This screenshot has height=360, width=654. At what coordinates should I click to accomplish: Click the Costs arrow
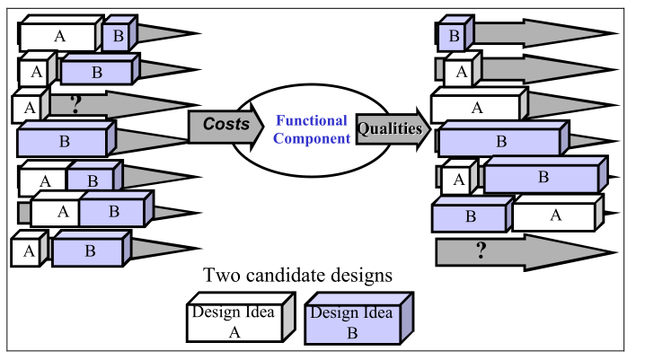point(225,126)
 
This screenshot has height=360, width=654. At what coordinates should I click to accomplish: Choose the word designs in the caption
point(363,276)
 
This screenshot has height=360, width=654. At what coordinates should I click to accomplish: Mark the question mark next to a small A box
point(75,104)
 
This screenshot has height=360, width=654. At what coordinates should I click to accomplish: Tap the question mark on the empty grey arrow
point(481,250)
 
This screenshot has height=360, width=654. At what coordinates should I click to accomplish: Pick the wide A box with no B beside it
point(477,108)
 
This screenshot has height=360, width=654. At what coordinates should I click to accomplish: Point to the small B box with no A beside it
point(454,37)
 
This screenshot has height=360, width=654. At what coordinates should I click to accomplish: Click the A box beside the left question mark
point(27,107)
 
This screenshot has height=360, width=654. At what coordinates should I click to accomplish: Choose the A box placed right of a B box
point(554,215)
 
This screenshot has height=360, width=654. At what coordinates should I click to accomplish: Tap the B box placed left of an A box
point(471,217)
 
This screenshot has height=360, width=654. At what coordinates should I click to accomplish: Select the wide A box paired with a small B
point(59,37)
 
